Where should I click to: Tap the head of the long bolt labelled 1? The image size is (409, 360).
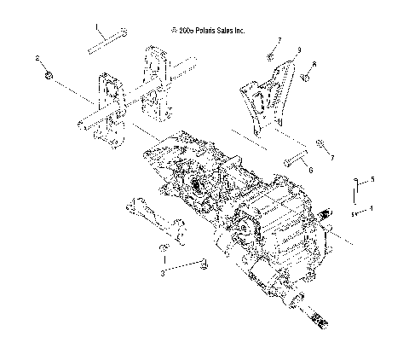coord(125,32)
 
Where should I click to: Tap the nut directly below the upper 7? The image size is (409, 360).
coord(269,55)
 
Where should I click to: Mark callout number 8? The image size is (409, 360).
coord(314,65)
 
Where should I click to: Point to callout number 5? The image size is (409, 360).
coord(372,179)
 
